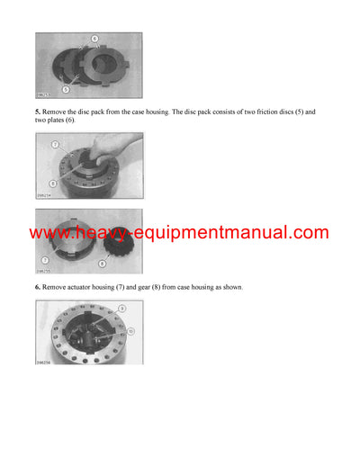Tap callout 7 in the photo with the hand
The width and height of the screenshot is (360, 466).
tap(54, 143)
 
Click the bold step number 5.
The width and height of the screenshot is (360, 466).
tap(38, 112)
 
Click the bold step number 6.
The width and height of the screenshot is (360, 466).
tap(38, 287)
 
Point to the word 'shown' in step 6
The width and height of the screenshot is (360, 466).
tap(230, 287)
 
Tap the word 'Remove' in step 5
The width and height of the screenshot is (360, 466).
tap(56, 112)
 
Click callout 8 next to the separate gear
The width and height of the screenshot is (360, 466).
tap(102, 264)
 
